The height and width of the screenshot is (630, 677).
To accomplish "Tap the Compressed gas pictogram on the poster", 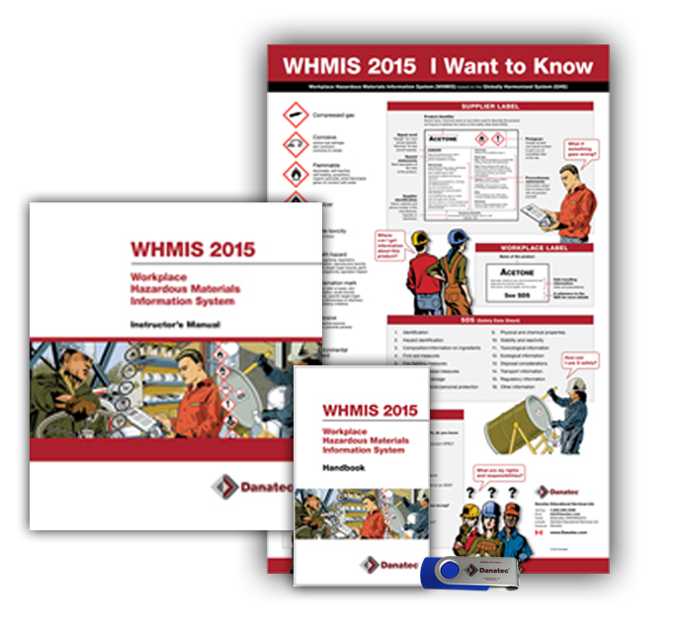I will pyautogui.click(x=293, y=116).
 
